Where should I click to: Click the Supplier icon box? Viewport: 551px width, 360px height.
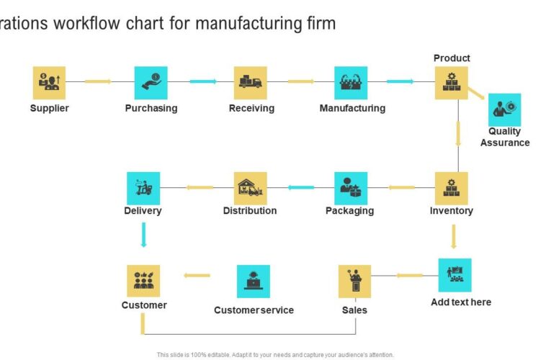point(49,83)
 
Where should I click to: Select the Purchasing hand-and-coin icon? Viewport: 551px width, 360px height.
point(151,83)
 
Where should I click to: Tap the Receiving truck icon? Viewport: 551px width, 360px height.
point(251,83)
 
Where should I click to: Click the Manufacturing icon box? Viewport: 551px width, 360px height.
point(351,83)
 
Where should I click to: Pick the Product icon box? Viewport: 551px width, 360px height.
point(452,83)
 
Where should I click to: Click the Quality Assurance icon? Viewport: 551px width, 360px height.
point(504,109)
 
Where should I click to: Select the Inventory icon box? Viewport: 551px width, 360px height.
point(452,188)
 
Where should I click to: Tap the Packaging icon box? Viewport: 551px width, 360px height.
point(351,188)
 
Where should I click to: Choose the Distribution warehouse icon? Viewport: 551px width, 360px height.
point(251,188)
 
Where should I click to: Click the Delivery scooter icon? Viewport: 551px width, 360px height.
point(143,188)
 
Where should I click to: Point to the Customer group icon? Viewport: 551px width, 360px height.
point(143,281)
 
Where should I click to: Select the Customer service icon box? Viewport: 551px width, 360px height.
point(254,281)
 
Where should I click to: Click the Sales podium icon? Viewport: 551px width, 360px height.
point(354,281)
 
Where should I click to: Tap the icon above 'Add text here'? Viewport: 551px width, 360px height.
point(455,275)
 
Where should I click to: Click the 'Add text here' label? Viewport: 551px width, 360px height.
point(461,302)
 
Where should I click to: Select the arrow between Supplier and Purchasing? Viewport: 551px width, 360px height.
point(99,81)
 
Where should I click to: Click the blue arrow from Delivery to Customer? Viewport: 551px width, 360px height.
point(143,235)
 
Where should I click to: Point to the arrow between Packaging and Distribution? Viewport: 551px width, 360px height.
point(301,188)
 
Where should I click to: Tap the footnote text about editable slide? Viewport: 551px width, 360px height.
point(275,354)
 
